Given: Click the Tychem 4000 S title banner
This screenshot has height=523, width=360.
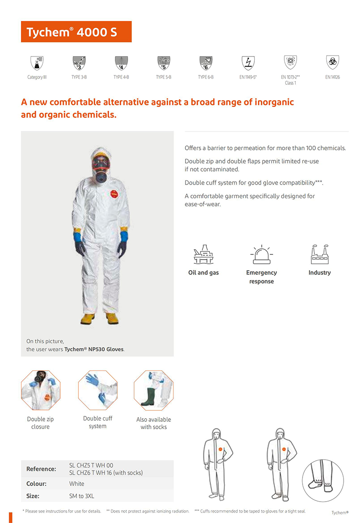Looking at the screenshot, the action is click(x=76, y=32).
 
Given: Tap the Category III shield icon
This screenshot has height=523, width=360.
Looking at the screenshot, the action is click(x=37, y=62).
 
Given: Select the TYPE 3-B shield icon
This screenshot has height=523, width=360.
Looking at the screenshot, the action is click(x=79, y=62).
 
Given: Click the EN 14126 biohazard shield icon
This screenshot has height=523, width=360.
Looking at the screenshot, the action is click(x=333, y=62).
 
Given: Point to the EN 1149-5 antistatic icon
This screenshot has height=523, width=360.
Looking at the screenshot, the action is click(x=248, y=62).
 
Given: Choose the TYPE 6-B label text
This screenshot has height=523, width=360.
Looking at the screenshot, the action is click(x=206, y=77).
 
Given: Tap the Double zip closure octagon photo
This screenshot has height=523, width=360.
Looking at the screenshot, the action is click(x=41, y=390).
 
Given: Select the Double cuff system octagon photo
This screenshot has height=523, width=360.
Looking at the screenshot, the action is click(x=98, y=390).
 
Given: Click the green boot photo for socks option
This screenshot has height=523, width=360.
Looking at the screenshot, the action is click(x=154, y=390).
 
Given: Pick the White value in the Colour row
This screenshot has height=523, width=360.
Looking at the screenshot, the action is click(x=77, y=483).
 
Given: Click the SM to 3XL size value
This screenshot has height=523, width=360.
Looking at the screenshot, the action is click(x=82, y=496).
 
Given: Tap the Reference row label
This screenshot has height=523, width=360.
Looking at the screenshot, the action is click(x=41, y=469).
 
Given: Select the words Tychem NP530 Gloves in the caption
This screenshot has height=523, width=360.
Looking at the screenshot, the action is click(x=94, y=349).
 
